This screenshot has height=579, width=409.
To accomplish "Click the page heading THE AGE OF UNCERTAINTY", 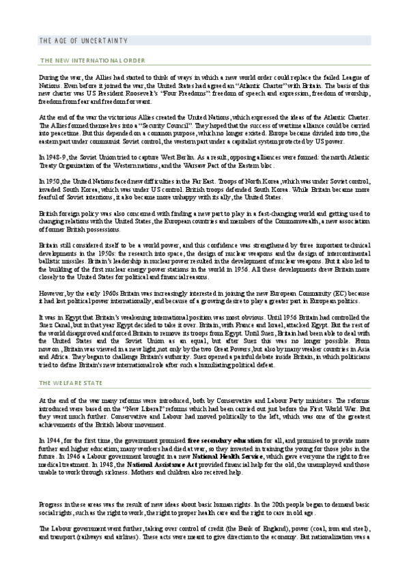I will [x=83, y=42].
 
